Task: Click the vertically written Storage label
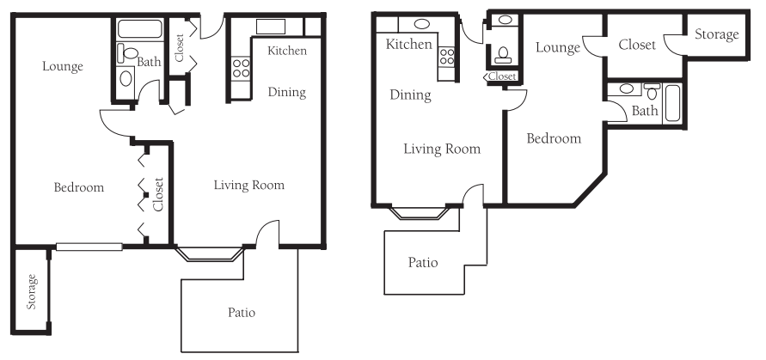32,292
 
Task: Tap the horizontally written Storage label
717,34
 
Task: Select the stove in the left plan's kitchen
241,68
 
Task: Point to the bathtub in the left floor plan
140,29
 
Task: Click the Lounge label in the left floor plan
63,66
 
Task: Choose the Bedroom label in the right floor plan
554,138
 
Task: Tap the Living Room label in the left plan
249,185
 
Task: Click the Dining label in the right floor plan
410,95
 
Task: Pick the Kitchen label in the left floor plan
287,51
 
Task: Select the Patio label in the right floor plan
423,263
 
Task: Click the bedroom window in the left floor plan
89,247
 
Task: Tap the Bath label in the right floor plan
645,111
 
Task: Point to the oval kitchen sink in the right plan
422,24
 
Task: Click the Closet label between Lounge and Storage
637,45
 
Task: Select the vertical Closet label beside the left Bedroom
158,194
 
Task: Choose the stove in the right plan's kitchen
446,56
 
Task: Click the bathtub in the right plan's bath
672,103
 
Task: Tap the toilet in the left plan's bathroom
127,52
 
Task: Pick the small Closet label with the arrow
499,76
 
